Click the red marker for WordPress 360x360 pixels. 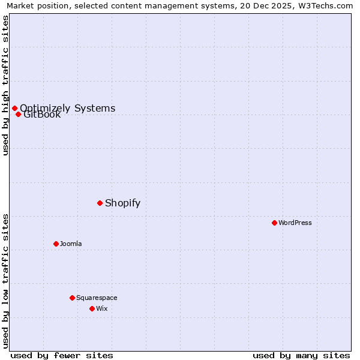click(274, 223)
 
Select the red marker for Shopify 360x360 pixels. click(100, 203)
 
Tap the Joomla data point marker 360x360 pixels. click(56, 244)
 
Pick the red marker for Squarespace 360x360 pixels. click(72, 298)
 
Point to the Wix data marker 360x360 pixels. click(92, 308)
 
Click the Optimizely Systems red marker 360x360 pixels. click(14, 108)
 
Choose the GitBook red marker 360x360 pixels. click(19, 114)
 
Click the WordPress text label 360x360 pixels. click(295, 223)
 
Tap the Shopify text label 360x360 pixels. click(122, 203)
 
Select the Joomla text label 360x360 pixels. click(71, 244)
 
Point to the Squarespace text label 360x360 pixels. click(97, 298)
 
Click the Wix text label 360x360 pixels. click(102, 308)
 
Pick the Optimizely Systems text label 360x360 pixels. click(68, 108)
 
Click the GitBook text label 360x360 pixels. click(43, 115)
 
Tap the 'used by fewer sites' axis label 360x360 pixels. click(62, 355)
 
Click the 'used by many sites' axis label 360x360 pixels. click(301, 355)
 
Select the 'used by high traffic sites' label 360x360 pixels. click(5, 85)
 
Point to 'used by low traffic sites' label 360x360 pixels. click(5, 280)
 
